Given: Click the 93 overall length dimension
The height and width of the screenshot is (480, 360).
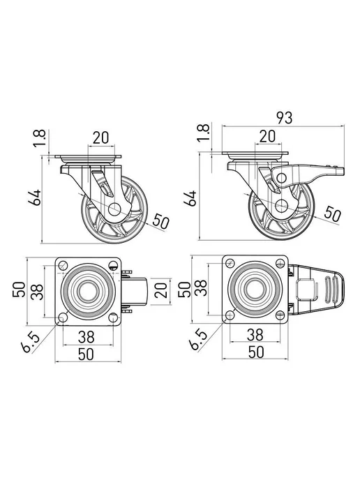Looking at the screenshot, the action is [285, 118].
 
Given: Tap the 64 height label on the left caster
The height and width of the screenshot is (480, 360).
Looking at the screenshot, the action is [35, 197].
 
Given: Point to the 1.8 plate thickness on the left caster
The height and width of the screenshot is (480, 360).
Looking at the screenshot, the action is [40, 138].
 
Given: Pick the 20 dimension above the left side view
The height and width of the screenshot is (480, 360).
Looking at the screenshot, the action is [100, 137].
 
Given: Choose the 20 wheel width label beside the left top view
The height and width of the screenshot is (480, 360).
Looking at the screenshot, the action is [161, 290].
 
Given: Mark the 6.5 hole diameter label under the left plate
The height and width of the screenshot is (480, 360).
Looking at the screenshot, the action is [30, 343].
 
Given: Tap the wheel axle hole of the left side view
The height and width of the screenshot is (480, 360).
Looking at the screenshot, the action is [114, 209].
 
